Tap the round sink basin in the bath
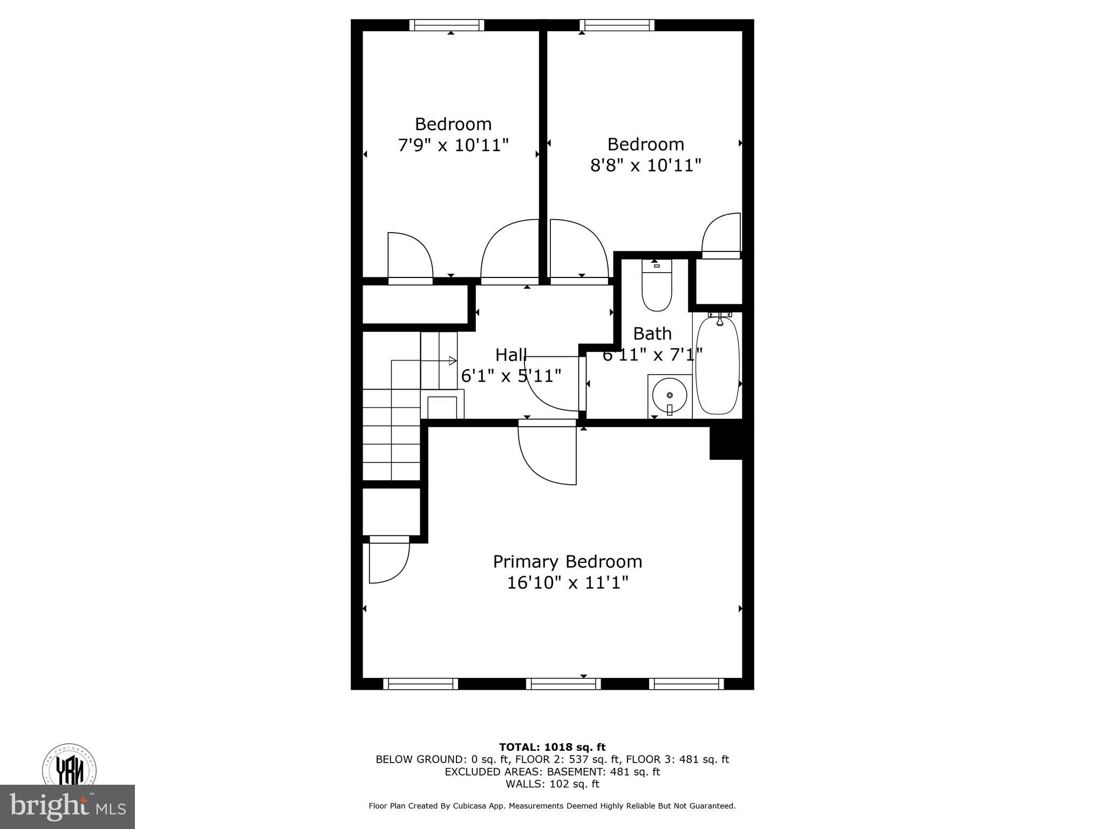point(670,396)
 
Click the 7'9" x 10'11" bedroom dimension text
point(453,145)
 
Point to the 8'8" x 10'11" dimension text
point(645,165)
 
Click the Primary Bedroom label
point(568,562)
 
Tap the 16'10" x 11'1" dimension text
point(568,583)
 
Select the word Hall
point(511,355)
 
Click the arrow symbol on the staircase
point(452,361)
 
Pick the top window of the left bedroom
point(446,25)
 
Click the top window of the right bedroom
point(617,25)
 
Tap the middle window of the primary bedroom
point(563,684)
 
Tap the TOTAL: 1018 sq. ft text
point(552,748)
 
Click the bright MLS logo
point(67,806)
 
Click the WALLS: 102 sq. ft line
point(552,784)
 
